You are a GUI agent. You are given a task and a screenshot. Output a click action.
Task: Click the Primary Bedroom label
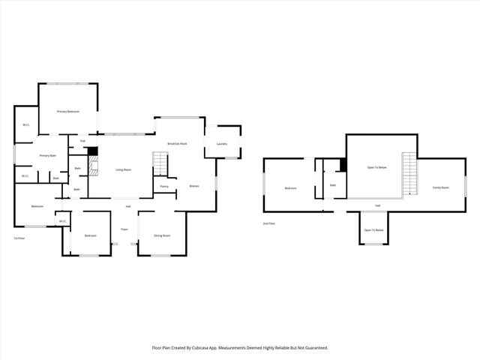pos(68,111)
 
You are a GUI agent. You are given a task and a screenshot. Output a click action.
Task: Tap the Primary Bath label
pos(48,155)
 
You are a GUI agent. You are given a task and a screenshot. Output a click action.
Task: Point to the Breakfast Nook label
pos(177,143)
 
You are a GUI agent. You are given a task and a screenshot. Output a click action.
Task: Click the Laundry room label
pos(222,143)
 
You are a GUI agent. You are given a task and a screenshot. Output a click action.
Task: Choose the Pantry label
pos(164,186)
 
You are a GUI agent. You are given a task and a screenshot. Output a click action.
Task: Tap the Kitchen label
pos(193,186)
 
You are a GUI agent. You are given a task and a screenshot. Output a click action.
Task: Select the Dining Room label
pos(162,235)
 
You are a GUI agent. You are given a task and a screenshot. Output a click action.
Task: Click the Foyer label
pos(124,229)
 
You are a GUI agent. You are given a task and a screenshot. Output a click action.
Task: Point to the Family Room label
pos(440,187)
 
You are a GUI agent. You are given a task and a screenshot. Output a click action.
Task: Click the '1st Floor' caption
pos(20,238)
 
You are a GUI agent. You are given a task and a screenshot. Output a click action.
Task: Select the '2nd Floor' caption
pos(269,223)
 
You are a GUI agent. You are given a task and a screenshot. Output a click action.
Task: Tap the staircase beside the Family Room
pos(409,173)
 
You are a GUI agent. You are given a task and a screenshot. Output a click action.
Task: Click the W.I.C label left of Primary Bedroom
pos(25,124)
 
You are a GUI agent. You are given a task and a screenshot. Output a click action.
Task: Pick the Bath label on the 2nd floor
pos(333,184)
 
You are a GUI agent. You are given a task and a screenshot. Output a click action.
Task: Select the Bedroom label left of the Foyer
pos(91,235)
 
